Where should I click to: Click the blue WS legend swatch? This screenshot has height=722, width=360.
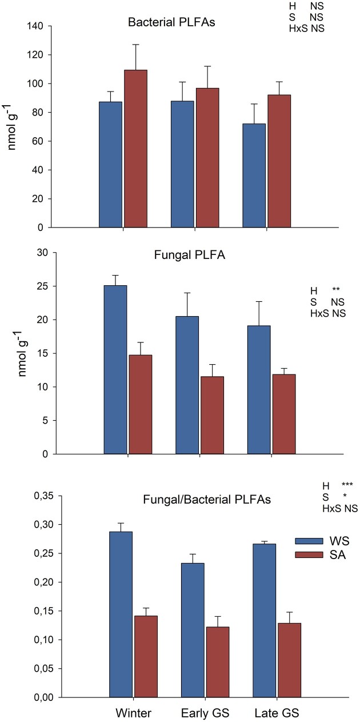click(308, 541)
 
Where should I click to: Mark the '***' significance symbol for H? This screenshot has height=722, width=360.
click(347, 485)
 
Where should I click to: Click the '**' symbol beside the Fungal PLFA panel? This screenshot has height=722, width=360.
click(335, 290)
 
